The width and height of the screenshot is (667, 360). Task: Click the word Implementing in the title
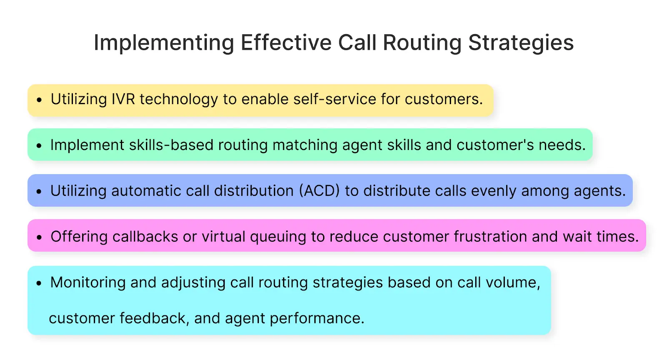(164, 43)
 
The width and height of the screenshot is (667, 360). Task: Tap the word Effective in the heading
(286, 42)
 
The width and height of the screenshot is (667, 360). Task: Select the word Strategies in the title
(521, 43)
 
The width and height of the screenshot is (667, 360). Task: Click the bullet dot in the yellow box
(39, 100)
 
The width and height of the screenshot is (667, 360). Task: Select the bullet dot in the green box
(39, 146)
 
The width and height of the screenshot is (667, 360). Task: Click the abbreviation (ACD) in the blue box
(319, 191)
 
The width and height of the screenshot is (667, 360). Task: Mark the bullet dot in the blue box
(39, 192)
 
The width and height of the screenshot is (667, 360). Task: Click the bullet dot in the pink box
(39, 237)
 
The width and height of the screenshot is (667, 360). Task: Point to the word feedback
(152, 318)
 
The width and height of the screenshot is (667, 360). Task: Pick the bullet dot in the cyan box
(39, 283)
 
